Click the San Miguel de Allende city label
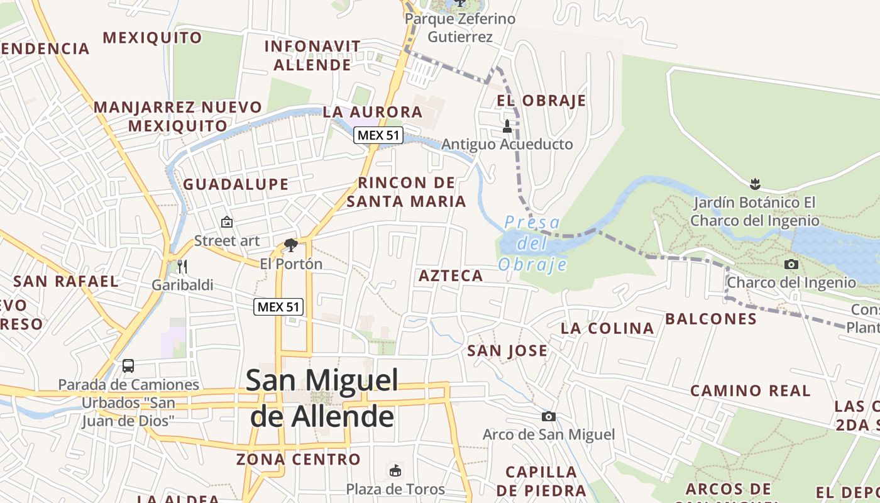322,398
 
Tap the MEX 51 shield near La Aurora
378,135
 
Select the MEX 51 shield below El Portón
279,307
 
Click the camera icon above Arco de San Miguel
549,416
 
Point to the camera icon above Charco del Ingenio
791,264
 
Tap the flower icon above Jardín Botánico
755,184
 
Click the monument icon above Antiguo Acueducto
507,126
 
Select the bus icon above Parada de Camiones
128,365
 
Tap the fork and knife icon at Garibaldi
182,267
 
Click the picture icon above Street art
227,222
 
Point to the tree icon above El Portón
290,245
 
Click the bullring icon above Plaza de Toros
395,470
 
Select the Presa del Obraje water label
532,243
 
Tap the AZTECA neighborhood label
451,275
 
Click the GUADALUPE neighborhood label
236,184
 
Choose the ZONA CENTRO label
299,459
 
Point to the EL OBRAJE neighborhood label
541,101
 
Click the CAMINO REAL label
751,390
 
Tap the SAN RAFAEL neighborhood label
66,281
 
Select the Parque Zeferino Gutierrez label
460,28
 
